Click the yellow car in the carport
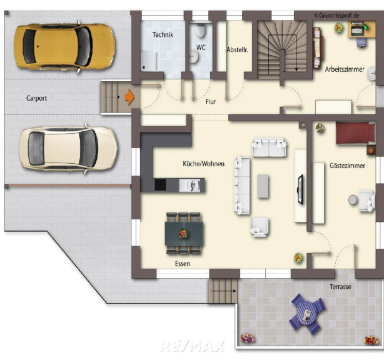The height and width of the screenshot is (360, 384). (64, 46)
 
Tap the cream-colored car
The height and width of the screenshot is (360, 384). (69, 149)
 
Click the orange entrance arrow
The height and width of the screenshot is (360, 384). (129, 97)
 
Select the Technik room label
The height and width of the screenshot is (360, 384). (163, 34)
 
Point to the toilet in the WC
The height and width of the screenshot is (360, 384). (200, 31)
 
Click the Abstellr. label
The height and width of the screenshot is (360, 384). (237, 49)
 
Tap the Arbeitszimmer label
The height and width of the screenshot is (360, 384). (345, 69)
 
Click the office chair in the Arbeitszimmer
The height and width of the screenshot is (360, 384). (361, 42)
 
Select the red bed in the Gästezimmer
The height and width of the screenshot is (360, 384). (355, 133)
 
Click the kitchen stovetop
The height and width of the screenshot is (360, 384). (160, 185)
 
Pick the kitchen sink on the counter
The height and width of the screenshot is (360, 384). (189, 185)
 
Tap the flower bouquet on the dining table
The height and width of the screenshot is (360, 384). (183, 234)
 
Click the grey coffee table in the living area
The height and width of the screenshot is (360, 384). (263, 186)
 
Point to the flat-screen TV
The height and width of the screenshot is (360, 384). (300, 189)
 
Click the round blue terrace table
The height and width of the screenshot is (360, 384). (306, 314)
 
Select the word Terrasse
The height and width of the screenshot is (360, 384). (340, 287)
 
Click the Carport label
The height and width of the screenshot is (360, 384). (36, 98)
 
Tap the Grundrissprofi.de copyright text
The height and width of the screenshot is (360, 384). (336, 16)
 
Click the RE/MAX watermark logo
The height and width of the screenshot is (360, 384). (193, 346)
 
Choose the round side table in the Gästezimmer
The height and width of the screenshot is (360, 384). (353, 200)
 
